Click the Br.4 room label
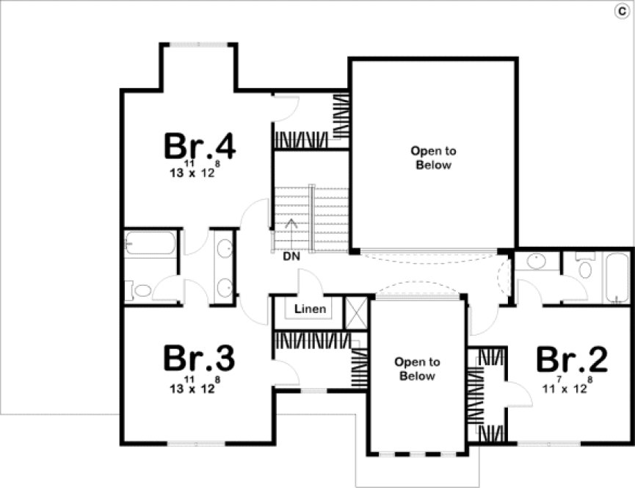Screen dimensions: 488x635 199,146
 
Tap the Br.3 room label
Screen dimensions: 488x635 198,359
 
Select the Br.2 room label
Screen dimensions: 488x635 572,360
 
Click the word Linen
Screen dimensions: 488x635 310,309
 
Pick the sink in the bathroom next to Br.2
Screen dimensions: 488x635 537,261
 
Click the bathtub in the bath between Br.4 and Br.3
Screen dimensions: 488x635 150,243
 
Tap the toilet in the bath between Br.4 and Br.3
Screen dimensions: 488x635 140,291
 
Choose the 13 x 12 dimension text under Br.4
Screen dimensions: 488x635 192,173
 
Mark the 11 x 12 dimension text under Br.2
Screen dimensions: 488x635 565,388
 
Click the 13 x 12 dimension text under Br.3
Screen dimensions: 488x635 192,388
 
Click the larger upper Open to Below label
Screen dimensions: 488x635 433,158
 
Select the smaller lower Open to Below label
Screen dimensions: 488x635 417,369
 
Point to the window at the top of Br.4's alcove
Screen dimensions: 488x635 197,45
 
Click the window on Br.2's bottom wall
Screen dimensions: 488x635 550,443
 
